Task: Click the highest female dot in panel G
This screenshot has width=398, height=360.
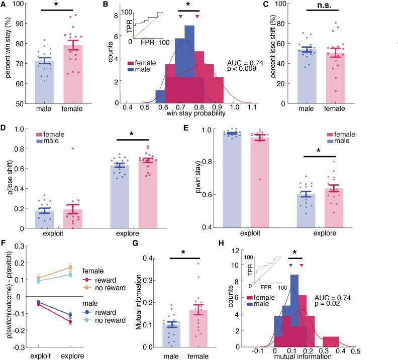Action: click(x=198, y=263)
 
